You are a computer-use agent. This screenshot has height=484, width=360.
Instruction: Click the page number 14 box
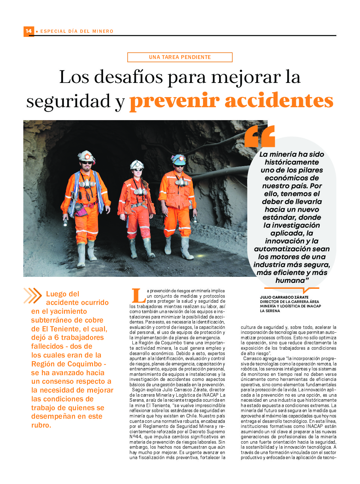click(29, 31)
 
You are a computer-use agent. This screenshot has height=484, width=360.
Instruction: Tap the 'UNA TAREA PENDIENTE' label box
click(180, 57)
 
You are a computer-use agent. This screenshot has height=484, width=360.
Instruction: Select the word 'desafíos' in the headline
click(129, 77)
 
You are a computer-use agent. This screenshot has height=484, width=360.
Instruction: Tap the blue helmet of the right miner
click(179, 159)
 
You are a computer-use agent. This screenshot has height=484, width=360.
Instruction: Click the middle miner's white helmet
click(137, 164)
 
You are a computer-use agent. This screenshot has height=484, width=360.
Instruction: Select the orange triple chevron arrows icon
click(32, 296)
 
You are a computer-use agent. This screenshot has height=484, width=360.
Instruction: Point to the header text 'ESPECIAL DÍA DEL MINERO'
click(77, 31)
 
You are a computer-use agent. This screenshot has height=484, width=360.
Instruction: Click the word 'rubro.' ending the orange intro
click(41, 425)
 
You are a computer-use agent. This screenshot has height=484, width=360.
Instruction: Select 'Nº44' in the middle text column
click(136, 437)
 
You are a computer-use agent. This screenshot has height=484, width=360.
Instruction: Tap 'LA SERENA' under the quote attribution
click(270, 311)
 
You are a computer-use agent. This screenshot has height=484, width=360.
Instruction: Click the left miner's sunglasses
click(86, 163)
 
